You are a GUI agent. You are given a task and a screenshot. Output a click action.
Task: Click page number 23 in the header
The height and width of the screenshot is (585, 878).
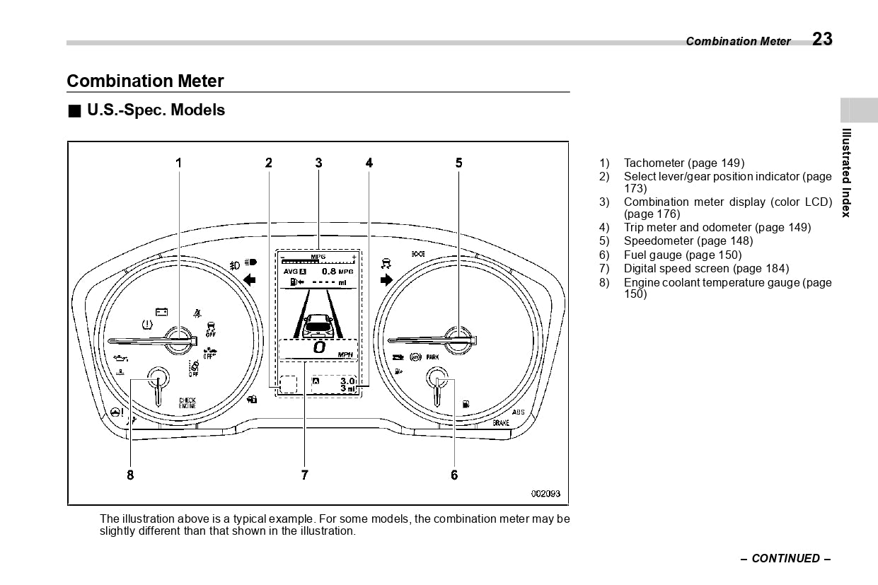pos(822,39)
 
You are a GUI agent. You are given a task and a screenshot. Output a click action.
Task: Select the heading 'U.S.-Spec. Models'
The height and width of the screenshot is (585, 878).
pos(156,110)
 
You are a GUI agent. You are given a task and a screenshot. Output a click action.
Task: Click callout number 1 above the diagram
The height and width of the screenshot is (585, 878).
pos(178,163)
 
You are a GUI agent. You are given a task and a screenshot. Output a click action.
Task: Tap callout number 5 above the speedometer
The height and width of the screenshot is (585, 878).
pos(458,163)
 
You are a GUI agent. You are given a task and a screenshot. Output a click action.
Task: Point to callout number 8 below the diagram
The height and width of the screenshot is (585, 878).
pos(130,475)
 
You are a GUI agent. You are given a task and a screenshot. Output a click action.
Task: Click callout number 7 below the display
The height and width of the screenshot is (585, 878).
pos(304,475)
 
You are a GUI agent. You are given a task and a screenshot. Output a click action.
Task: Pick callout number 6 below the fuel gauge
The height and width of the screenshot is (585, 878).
pos(454,475)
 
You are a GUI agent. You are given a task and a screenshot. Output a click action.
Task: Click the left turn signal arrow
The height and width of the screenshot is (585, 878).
pos(249,280)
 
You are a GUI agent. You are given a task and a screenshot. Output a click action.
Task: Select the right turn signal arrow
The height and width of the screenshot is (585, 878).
pos(386,280)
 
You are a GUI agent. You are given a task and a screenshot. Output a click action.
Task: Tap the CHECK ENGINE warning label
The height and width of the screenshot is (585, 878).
pos(187,403)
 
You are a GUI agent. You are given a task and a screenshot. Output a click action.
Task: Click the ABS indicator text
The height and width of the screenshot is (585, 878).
pos(518,412)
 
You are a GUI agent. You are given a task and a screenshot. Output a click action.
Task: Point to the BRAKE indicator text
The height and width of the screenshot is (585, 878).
pos(501,423)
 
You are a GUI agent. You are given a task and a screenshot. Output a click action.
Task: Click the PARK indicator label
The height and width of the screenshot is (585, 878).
pos(432,358)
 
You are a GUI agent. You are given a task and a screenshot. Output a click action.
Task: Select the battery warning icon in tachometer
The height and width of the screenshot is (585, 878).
pos(162,311)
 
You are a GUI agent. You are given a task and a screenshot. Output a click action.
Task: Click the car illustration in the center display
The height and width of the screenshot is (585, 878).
pos(318,325)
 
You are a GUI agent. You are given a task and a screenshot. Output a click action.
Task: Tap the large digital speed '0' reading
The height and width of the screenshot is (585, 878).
pos(319,347)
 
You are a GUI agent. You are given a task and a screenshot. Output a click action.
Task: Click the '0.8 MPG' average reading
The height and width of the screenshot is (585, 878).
pos(337,272)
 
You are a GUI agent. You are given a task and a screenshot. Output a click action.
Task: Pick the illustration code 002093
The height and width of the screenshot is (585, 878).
pos(545,494)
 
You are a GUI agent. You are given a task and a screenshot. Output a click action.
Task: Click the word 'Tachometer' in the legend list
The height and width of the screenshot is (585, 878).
pos(654,163)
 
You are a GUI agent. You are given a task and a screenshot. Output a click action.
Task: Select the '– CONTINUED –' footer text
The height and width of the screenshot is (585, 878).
pos(785,558)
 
